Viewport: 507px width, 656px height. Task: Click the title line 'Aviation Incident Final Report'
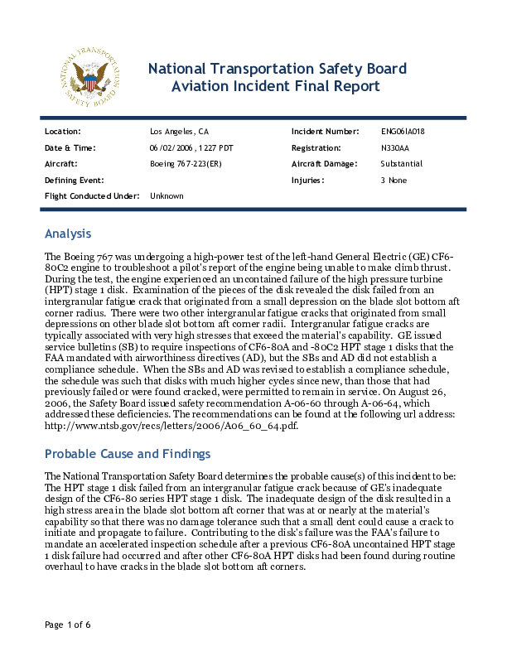[x=275, y=86]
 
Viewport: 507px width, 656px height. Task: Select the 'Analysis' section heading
[x=67, y=234]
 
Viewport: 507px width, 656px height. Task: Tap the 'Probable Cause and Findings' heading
[x=128, y=454]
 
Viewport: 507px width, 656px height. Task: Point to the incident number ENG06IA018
[x=403, y=132]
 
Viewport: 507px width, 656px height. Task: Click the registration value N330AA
[x=395, y=147]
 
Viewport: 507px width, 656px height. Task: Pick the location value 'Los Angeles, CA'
[x=180, y=132]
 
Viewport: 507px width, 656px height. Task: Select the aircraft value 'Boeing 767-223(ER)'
[x=186, y=164]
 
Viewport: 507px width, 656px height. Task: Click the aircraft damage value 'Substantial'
[x=401, y=164]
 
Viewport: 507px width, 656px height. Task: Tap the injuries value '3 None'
[x=394, y=180]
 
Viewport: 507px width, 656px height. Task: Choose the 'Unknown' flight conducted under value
[x=167, y=195]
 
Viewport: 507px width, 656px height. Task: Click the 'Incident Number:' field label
[x=325, y=132]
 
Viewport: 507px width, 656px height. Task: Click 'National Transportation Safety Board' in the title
[x=277, y=68]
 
